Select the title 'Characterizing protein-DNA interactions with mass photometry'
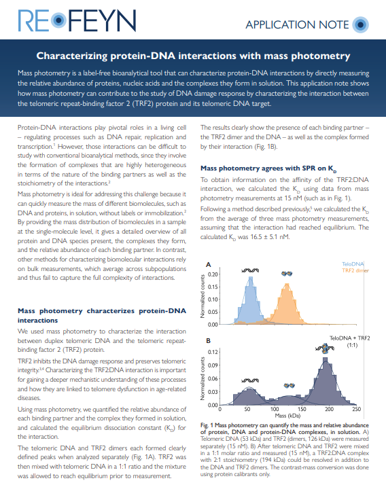pyautogui.click(x=193, y=55)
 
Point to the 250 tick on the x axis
pyautogui.click(x=355, y=410)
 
